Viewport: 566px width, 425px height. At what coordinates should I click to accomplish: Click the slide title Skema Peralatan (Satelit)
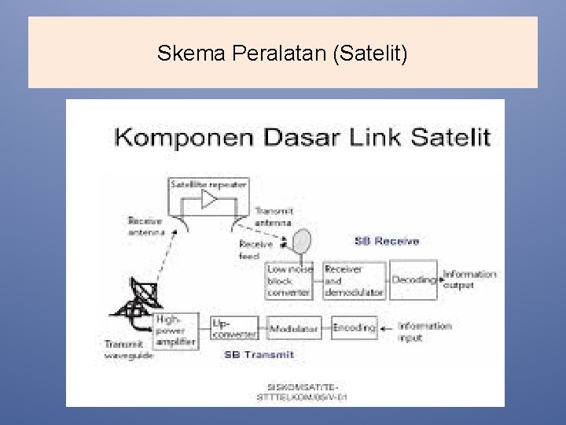pos(282,54)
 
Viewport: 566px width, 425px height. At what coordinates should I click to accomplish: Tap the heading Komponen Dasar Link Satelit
pos(303,137)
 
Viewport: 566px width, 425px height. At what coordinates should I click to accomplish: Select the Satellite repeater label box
pos(208,184)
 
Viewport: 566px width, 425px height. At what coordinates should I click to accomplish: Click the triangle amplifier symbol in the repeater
pos(209,200)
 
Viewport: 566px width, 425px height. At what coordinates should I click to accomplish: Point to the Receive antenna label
pos(146,227)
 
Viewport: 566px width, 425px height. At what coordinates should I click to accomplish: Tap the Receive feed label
pos(255,249)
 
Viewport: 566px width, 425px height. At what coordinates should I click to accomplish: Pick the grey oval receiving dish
pos(302,242)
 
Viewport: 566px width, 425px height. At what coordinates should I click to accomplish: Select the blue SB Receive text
pos(387,241)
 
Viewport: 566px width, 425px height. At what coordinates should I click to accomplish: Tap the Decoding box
pos(413,280)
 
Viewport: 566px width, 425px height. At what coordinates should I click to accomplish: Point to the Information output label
pos(469,279)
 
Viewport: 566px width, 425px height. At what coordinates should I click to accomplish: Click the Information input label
pos(424,331)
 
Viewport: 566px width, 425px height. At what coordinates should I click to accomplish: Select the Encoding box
pos(354,327)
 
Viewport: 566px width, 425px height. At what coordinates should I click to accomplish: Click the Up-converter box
pos(234,328)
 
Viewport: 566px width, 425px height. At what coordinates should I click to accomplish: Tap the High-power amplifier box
pos(177,331)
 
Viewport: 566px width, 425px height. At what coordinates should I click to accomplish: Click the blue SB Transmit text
pos(259,355)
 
